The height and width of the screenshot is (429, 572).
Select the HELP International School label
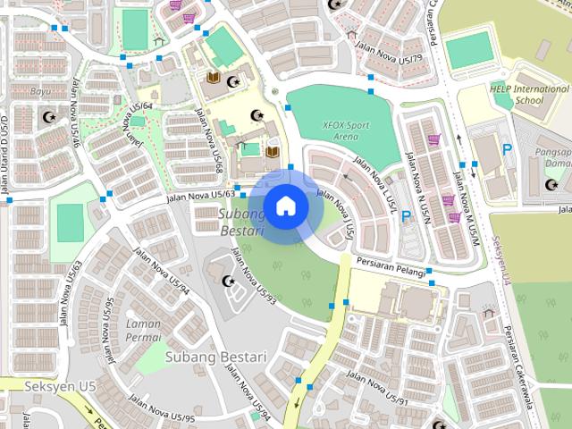click(x=528, y=95)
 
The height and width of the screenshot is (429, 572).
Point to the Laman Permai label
click(x=144, y=331)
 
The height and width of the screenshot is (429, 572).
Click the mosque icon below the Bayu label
click(x=48, y=117)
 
